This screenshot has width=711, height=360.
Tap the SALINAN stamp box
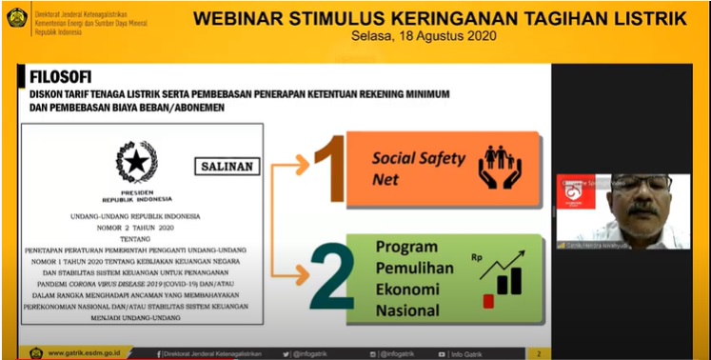(x=227, y=165)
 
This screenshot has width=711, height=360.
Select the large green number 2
(x=328, y=279)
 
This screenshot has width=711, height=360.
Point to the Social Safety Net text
(x=418, y=168)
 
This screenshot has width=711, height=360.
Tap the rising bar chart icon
(x=502, y=273)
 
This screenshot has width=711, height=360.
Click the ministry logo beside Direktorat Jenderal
(x=17, y=17)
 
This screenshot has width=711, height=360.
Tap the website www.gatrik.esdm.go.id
(x=85, y=353)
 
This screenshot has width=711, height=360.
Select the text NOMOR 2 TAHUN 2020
(x=135, y=229)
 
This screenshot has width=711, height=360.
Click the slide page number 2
(x=540, y=353)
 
